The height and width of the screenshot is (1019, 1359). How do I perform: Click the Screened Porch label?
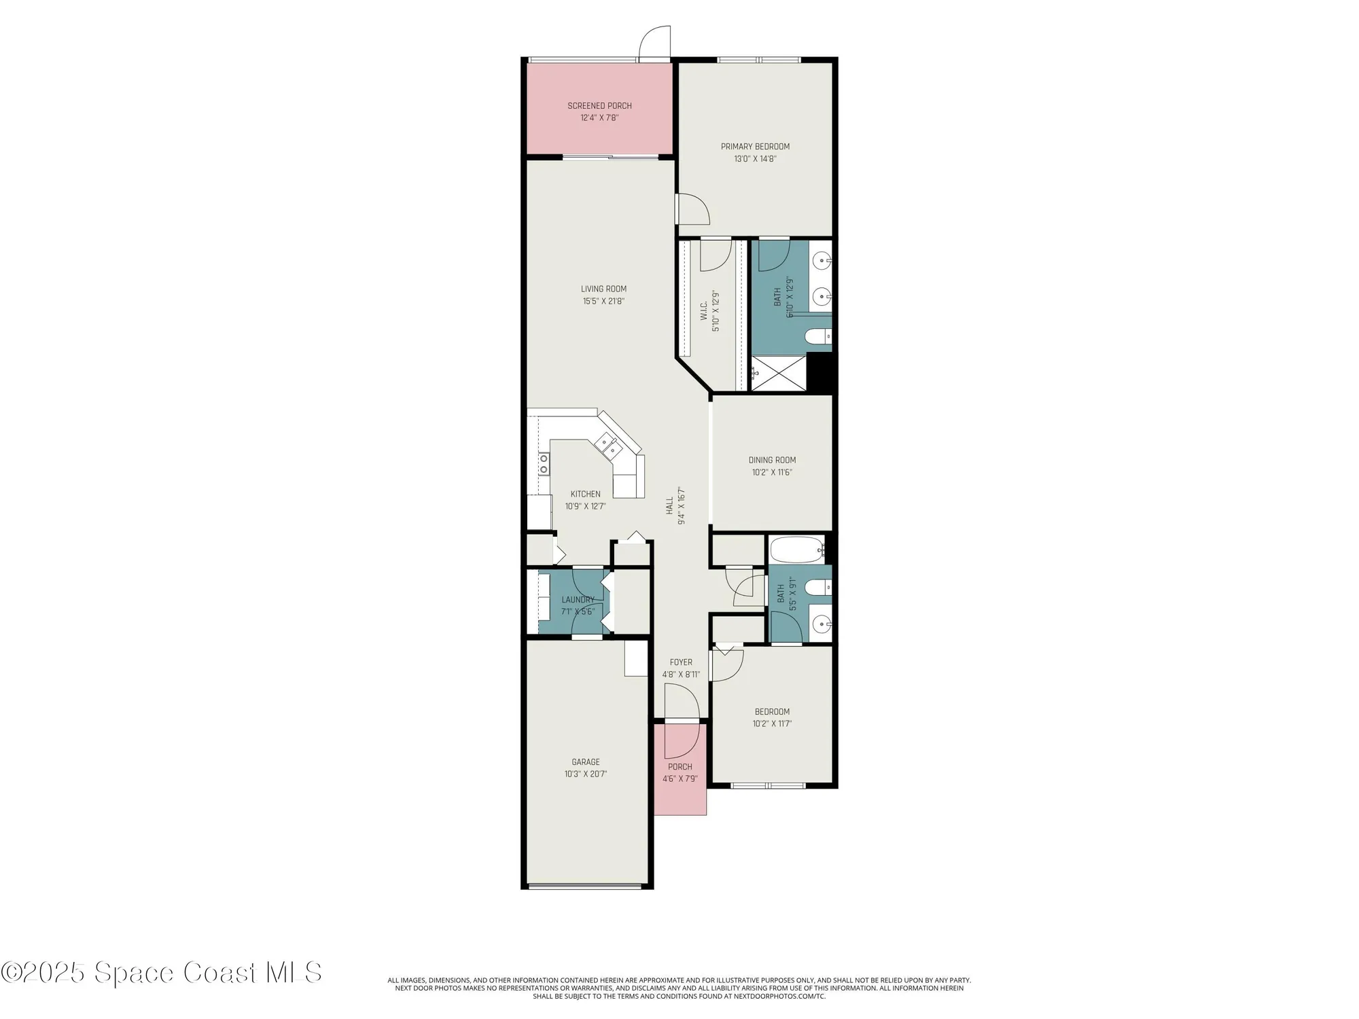coord(599,106)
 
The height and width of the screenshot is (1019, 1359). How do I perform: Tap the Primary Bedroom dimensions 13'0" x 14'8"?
coord(755,159)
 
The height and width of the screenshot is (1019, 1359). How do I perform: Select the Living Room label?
coord(603,289)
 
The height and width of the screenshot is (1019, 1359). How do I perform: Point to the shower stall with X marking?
coord(778,374)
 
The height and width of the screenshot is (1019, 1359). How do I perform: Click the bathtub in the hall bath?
coord(796,550)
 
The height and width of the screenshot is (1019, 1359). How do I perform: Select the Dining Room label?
coord(772,460)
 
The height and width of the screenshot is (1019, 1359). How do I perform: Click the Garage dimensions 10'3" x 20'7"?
coord(585,774)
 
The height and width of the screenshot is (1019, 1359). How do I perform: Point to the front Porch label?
coord(679,767)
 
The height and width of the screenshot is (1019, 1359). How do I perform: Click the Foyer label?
coord(681,662)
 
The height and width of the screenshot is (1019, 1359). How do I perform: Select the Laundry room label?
coord(578,600)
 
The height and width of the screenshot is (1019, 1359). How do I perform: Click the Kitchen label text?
coord(585,494)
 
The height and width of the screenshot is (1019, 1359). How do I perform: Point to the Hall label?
coord(669,505)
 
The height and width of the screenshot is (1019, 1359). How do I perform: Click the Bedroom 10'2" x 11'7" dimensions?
coord(772,723)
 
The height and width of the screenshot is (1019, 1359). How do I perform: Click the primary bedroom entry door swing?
coord(693,209)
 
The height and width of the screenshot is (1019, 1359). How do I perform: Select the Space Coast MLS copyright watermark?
coord(161,972)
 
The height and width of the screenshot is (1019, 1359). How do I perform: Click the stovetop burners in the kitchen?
coord(544,464)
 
